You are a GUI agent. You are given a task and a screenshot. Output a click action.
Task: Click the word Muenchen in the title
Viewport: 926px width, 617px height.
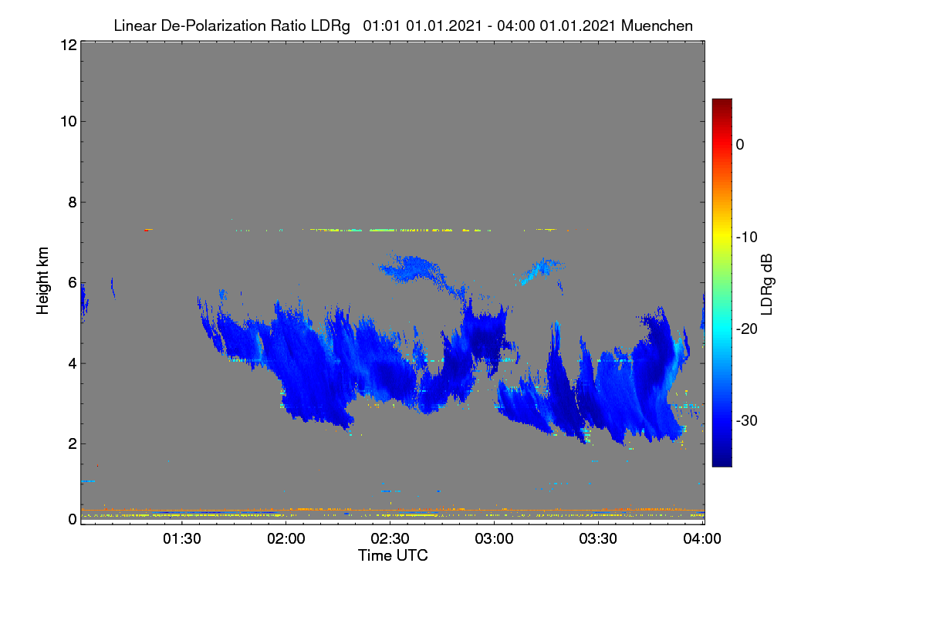(x=657, y=26)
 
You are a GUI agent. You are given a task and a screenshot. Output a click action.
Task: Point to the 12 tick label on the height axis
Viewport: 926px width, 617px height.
(x=69, y=45)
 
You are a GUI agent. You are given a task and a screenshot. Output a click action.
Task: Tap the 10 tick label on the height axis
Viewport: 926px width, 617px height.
(x=69, y=122)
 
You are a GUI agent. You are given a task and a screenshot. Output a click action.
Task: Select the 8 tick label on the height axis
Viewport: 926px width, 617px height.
(x=73, y=203)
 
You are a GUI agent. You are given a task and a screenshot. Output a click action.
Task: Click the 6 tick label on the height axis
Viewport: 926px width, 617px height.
(x=73, y=283)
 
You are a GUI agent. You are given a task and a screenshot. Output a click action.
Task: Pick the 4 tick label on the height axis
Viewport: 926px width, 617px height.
(x=73, y=364)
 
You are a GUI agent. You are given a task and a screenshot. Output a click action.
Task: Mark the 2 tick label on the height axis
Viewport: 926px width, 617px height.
(x=73, y=444)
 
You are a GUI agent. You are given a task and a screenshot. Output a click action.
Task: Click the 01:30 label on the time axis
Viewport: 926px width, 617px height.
(x=182, y=539)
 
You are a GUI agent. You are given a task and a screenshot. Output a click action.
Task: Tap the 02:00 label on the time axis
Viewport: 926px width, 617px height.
(x=286, y=539)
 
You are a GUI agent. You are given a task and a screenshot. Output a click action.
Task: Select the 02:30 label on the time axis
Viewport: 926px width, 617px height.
(x=390, y=539)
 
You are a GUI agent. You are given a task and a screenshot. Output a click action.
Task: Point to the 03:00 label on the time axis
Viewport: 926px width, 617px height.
(x=494, y=539)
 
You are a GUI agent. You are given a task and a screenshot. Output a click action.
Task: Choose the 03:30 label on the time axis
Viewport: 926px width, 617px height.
(x=598, y=539)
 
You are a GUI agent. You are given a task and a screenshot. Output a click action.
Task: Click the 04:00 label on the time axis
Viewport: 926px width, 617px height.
(x=702, y=539)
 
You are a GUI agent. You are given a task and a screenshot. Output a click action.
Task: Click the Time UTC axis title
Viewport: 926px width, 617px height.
(x=393, y=556)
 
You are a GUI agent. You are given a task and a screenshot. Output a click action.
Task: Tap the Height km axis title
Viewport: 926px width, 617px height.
(x=42, y=281)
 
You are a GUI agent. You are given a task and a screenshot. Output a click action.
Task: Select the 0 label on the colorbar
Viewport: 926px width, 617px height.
(x=740, y=145)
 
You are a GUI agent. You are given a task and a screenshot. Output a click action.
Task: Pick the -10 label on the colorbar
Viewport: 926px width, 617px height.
(x=747, y=238)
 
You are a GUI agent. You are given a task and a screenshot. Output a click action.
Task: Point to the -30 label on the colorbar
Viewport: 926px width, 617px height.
(x=747, y=421)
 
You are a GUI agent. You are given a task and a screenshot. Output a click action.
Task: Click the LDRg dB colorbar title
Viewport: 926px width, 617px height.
(x=767, y=285)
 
